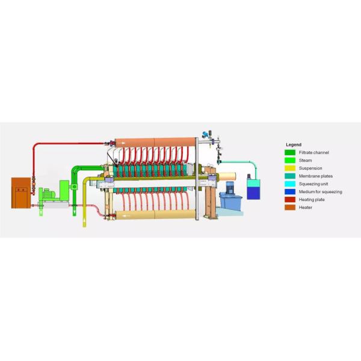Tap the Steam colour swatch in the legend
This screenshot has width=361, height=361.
[290, 161]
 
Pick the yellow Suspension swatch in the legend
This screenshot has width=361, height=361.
[290, 168]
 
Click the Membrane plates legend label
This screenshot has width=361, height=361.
[311, 176]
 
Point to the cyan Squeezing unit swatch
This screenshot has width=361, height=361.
[290, 184]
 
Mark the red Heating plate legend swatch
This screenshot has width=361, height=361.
[290, 199]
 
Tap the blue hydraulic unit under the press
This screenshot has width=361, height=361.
[229, 202]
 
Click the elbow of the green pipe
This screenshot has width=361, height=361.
[74, 168]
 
